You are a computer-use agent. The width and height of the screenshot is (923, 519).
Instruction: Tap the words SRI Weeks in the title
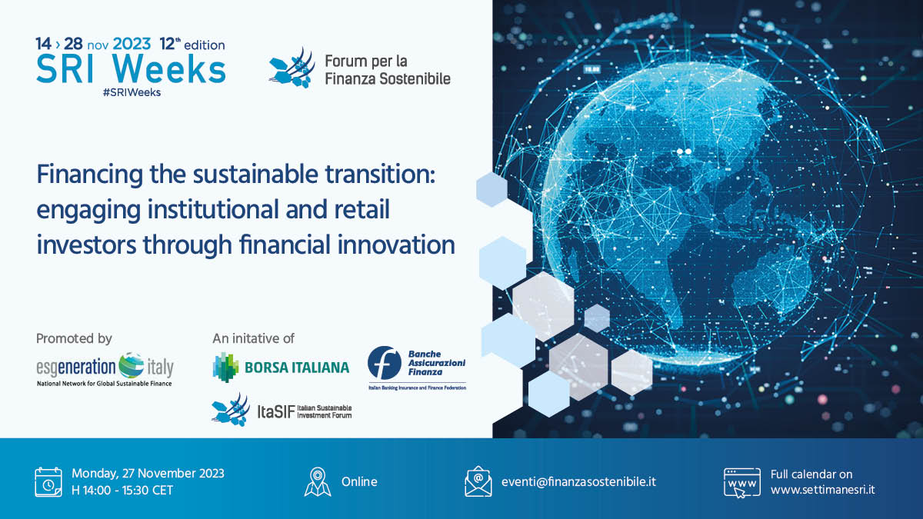(x=131, y=68)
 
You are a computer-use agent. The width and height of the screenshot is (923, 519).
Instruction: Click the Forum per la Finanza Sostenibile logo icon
(x=292, y=67)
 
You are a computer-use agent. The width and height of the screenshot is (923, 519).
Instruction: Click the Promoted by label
(x=74, y=338)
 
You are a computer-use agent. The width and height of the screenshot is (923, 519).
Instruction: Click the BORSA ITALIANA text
(x=296, y=368)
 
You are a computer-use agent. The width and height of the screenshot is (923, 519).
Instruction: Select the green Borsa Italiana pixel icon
(x=225, y=366)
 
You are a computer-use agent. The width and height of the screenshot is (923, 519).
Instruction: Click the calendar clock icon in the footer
(x=48, y=481)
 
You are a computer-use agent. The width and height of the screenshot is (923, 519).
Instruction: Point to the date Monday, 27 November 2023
(x=148, y=474)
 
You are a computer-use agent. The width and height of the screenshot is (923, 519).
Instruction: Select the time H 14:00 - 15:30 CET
(x=122, y=490)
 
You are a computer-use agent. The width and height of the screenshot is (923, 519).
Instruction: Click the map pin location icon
(x=318, y=482)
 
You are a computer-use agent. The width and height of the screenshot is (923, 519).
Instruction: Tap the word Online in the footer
(x=359, y=482)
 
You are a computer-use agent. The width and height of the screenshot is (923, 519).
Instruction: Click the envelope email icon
(x=478, y=482)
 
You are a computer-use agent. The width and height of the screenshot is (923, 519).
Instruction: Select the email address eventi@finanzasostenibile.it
(x=578, y=482)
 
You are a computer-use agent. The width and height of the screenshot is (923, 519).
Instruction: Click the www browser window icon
(x=741, y=482)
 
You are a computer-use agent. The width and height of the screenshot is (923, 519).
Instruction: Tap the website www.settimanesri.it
(x=822, y=490)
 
